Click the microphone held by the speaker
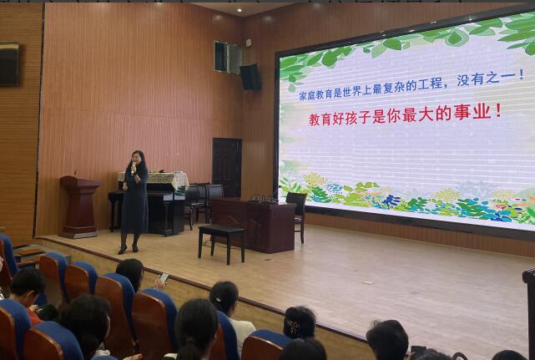134,167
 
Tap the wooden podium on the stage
81,206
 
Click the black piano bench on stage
221,243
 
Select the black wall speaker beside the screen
250,77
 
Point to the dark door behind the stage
227,167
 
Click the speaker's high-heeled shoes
128,250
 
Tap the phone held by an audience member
164,277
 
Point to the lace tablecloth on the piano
154,179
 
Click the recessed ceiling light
240,10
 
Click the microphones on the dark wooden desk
264,198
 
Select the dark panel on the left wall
9,64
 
